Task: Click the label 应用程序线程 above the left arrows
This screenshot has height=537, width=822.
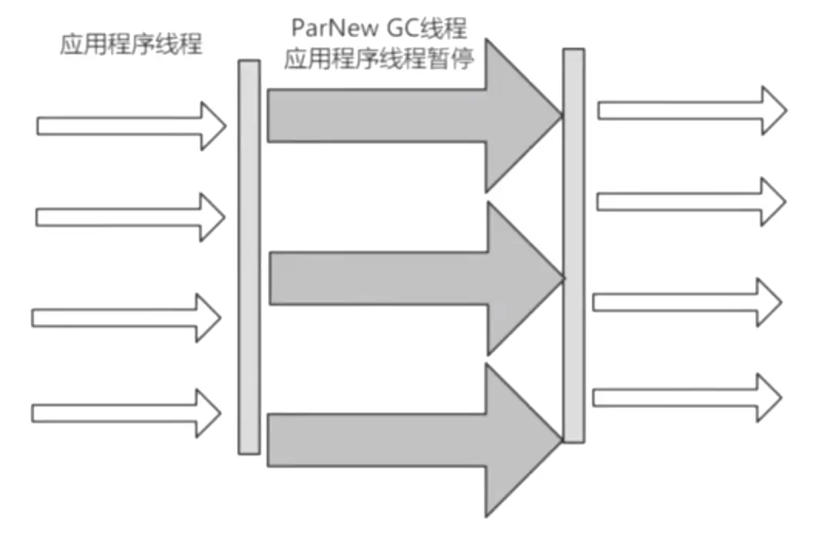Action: [x=131, y=45]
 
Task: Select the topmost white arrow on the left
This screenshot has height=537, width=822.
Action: [x=131, y=125]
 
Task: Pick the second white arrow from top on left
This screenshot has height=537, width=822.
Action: [x=130, y=217]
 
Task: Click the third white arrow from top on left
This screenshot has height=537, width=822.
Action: [x=126, y=316]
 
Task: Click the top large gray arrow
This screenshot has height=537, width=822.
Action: [x=401, y=115]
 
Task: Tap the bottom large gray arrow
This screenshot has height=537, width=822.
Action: [x=401, y=441]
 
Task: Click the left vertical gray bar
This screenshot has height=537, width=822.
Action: [x=249, y=257]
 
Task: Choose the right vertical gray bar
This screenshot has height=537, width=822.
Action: [x=573, y=245]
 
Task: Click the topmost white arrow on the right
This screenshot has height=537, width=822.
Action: [x=690, y=110]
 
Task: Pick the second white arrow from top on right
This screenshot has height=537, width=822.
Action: [x=690, y=201]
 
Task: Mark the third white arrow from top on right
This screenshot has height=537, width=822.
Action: [x=686, y=302]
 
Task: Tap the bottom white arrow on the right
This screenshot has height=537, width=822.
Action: [x=686, y=397]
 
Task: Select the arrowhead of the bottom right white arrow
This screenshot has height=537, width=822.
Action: [x=768, y=397]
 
